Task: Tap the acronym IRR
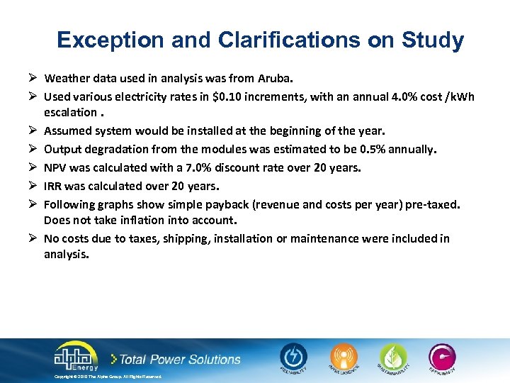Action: click(53, 186)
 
